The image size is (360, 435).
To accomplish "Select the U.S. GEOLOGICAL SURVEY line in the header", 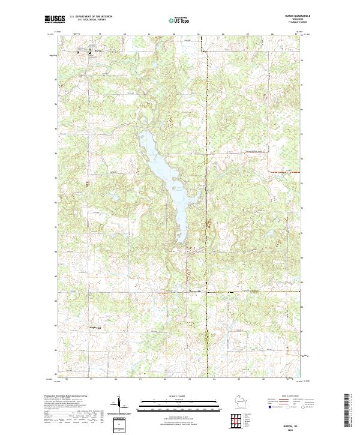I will tap(91, 20).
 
